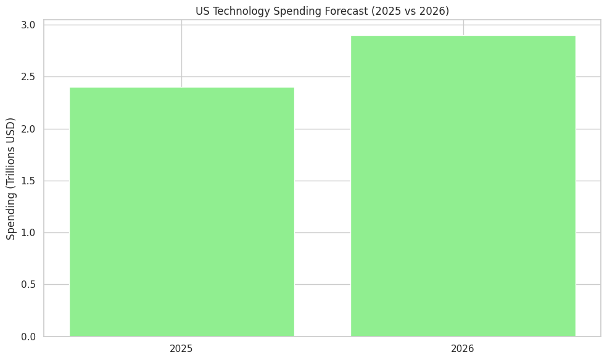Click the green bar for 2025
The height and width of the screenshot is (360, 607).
[181, 212]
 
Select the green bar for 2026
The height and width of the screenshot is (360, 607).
[463, 186]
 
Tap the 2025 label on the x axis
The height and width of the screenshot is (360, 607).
[181, 349]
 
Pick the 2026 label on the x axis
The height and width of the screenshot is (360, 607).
[463, 349]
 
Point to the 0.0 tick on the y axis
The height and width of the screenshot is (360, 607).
[28, 337]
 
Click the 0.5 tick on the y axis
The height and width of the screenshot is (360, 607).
[28, 285]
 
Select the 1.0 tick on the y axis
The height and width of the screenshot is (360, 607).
[28, 233]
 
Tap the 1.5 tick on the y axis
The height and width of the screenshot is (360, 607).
[28, 181]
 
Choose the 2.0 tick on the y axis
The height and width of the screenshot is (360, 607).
[28, 129]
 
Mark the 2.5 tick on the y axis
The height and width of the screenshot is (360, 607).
[28, 77]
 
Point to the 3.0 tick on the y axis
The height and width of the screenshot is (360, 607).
[28, 25]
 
